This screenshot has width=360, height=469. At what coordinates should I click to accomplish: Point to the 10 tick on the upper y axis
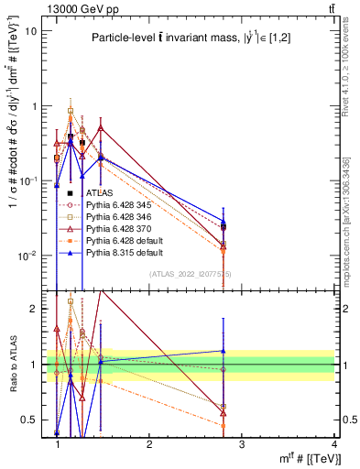point(40,30)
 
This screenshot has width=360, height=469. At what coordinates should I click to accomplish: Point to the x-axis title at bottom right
point(306,460)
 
